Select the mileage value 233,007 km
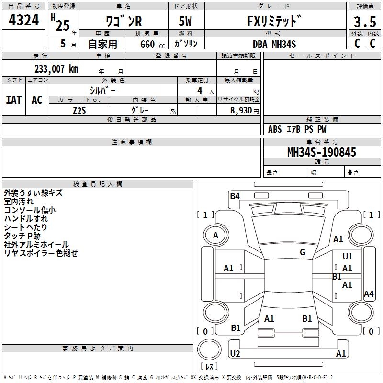tap(56, 69)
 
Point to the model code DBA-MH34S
tap(274, 44)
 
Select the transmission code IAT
tap(13, 100)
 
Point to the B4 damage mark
tap(235, 195)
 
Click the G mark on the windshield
tap(303, 252)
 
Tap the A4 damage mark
tap(369, 294)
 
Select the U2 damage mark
tap(235, 353)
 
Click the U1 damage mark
tap(348, 257)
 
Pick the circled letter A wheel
tap(215, 236)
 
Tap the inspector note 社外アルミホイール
tap(36, 245)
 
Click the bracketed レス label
tap(210, 367)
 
